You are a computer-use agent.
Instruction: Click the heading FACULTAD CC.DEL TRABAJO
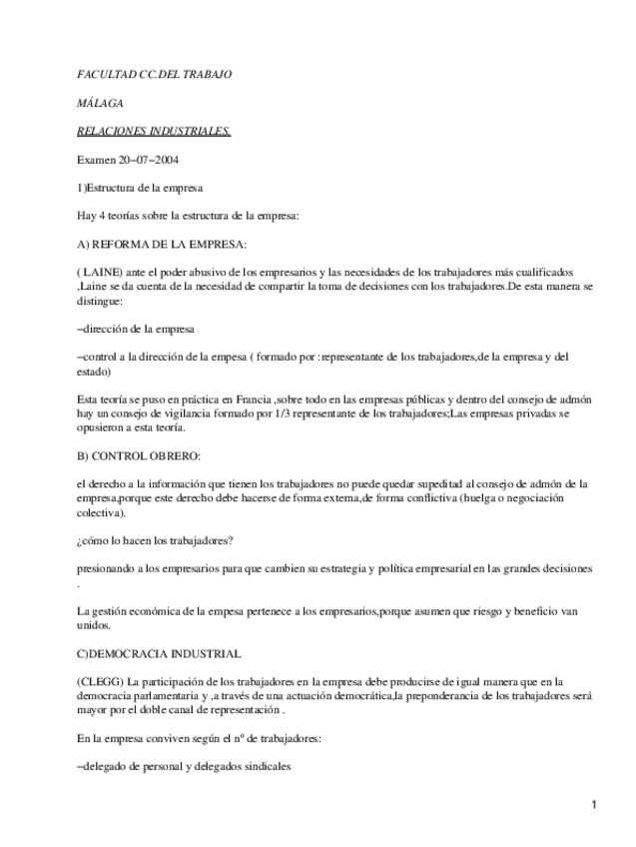tap(154, 75)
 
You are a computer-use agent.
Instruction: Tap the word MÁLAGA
tap(101, 103)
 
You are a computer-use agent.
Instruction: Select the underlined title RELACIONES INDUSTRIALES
tap(154, 131)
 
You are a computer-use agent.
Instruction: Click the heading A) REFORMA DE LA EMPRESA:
tap(162, 244)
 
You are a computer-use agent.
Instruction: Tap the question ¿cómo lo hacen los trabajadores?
tap(155, 540)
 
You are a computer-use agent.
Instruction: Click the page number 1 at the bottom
tap(593, 805)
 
